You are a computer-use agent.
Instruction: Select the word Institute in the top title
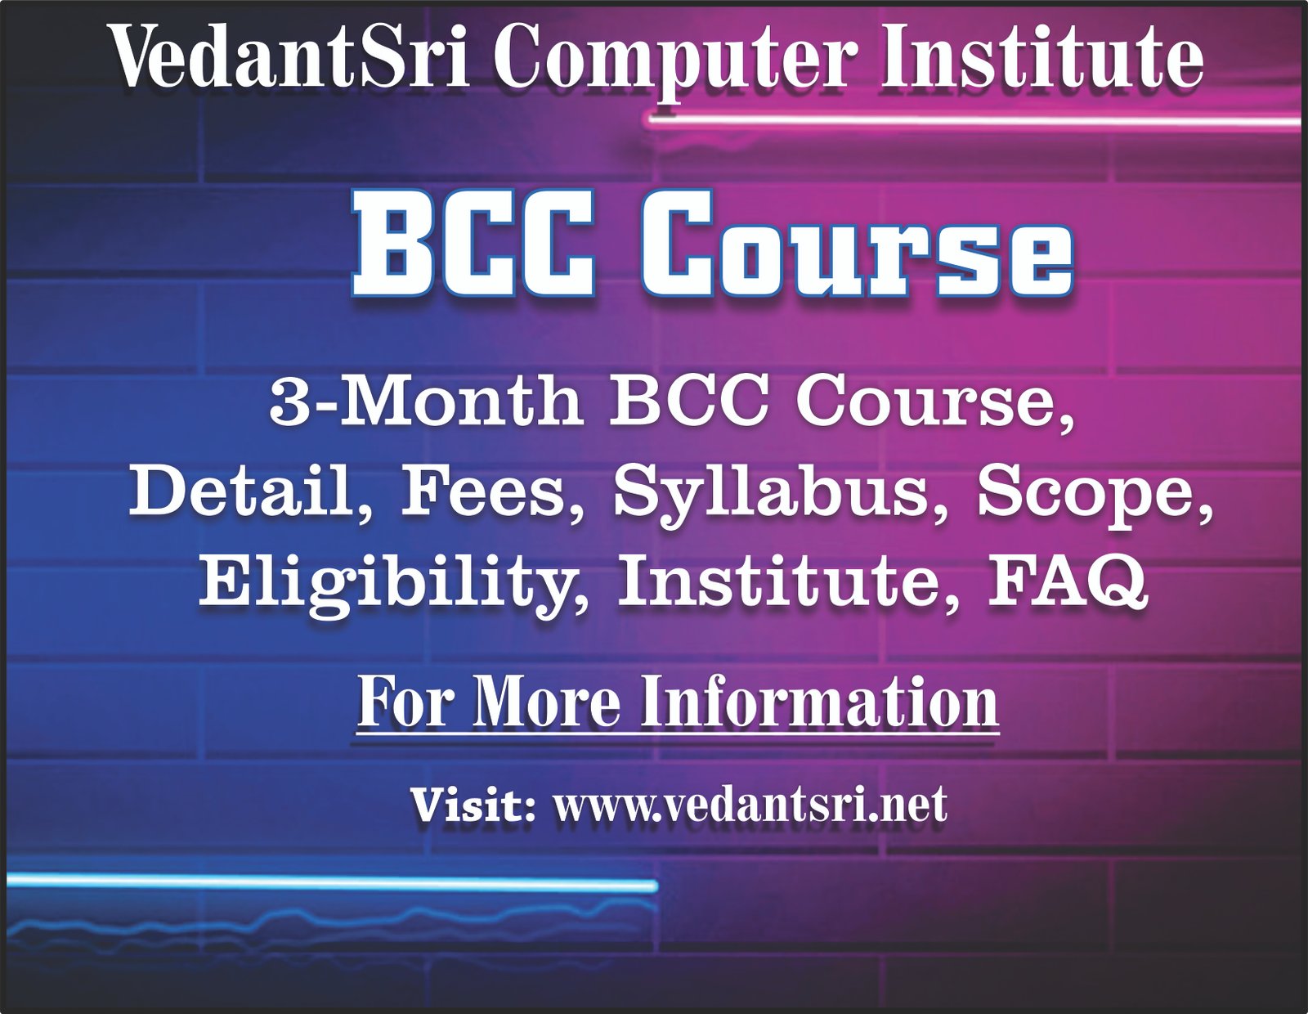click(x=1041, y=58)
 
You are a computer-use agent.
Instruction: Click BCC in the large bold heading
click(x=473, y=245)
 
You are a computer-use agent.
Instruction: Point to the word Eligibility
click(x=392, y=586)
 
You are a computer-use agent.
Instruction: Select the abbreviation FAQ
click(x=1068, y=583)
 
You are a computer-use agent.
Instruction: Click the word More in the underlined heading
click(x=544, y=701)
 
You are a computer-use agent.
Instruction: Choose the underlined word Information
click(x=819, y=701)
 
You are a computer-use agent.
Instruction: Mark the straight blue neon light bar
click(x=332, y=883)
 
